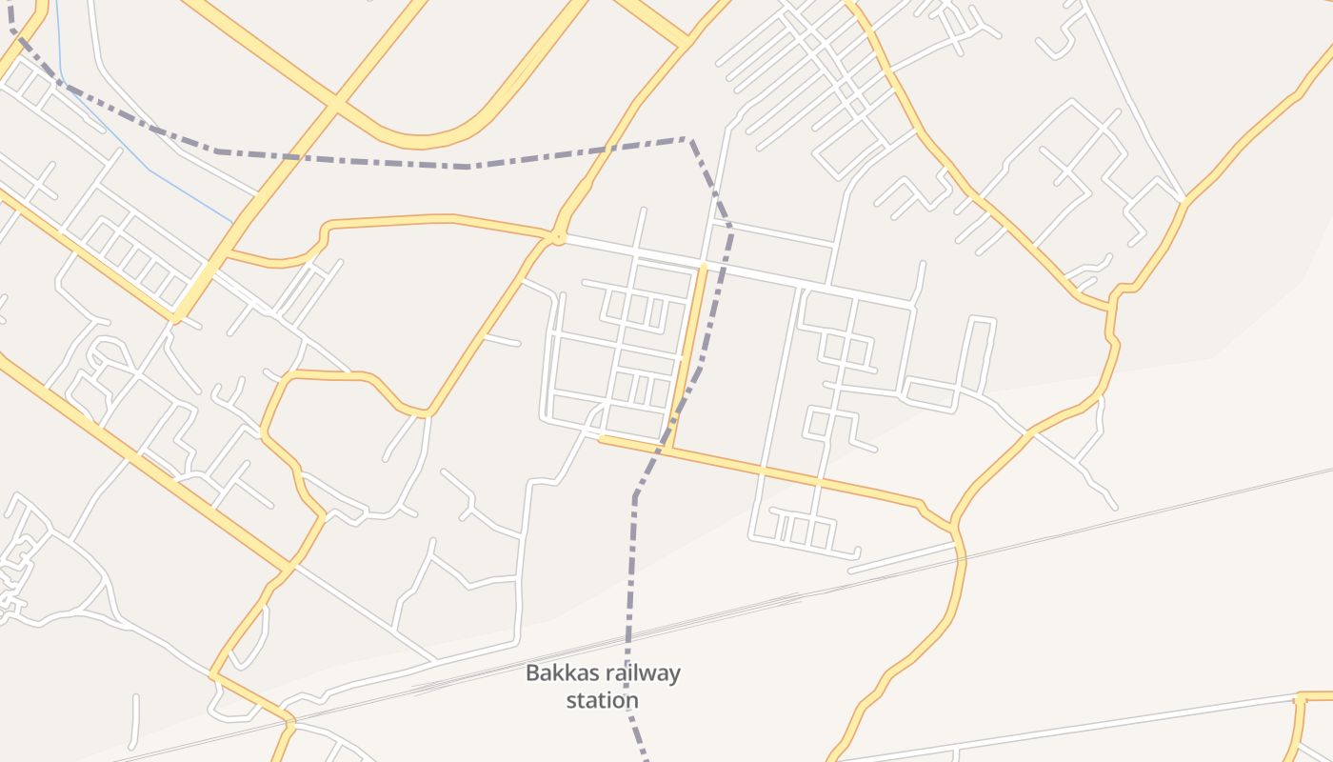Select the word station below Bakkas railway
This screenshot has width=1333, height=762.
coord(602,701)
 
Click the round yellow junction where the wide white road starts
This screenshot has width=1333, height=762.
coord(557,235)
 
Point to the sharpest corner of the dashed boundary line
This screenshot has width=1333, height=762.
coord(688,140)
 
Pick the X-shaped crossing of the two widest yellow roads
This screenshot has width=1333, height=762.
coord(335,102)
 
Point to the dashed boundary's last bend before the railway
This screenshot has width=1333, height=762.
coord(635,495)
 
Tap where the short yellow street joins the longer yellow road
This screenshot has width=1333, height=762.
coord(668,448)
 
